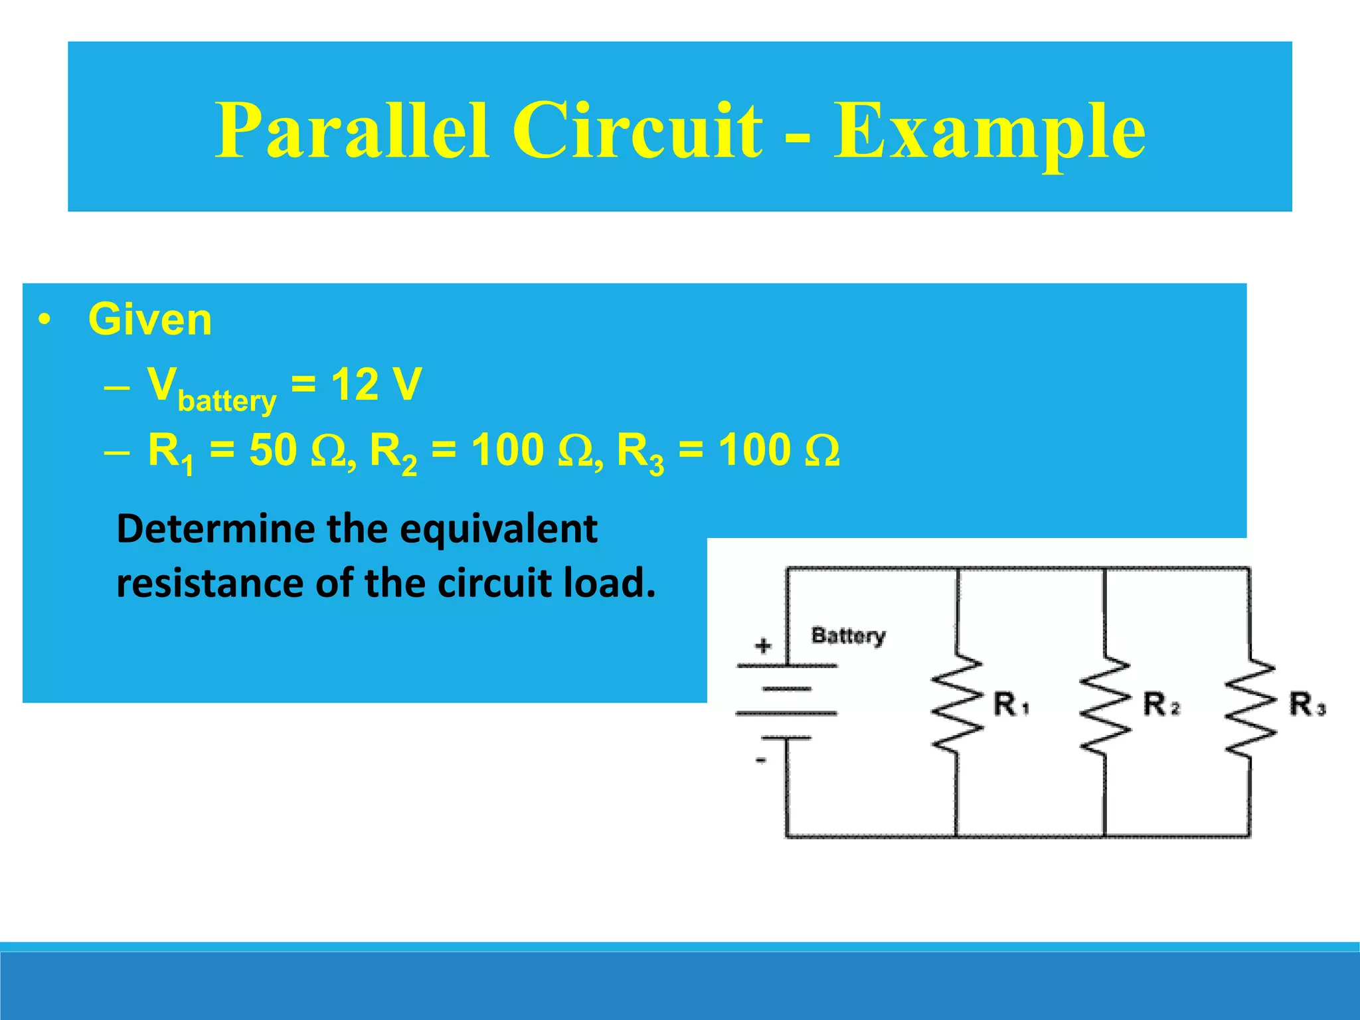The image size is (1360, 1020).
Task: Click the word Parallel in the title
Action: [x=353, y=131]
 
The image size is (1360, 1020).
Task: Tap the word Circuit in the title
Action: [x=637, y=131]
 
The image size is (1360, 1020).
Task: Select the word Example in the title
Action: [x=989, y=131]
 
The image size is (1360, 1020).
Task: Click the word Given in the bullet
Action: [x=150, y=319]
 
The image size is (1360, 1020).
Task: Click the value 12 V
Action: [x=376, y=384]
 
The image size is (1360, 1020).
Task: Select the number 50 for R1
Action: [x=272, y=450]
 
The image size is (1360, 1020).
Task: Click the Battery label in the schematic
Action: [x=848, y=636]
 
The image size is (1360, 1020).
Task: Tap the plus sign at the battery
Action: [x=763, y=645]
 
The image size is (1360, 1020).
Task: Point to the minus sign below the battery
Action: [x=762, y=760]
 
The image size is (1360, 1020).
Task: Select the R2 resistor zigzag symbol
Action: [x=1104, y=705]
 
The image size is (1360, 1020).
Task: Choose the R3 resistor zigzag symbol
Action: [x=1250, y=707]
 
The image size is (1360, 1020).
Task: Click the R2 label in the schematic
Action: [x=1161, y=705]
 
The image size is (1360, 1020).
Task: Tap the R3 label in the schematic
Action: [x=1307, y=705]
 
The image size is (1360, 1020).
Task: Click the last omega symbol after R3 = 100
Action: [x=822, y=452]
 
